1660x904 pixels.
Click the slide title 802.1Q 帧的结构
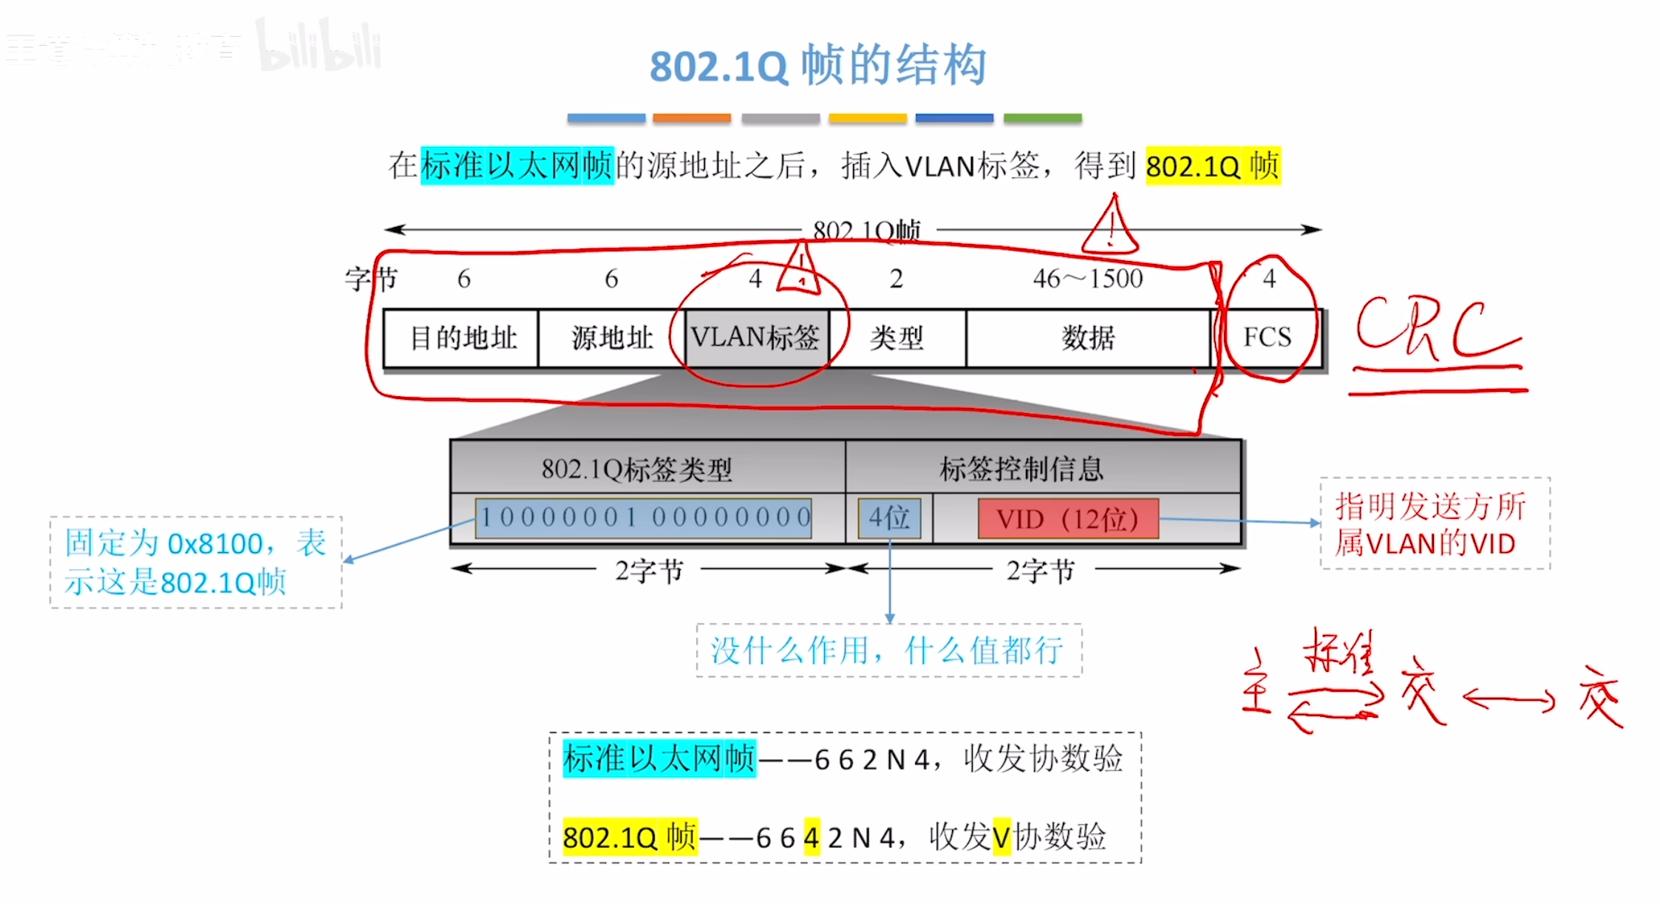[x=817, y=65]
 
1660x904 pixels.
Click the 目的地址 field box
[x=462, y=338]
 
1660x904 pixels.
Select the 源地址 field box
[x=612, y=338]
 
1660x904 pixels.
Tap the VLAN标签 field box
[x=755, y=338]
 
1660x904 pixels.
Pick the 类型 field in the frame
[x=897, y=338]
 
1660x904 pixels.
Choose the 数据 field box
[x=1088, y=338]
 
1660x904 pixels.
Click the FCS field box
[x=1267, y=337]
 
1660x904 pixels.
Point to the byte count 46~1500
[x=1088, y=279]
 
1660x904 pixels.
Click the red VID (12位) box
[x=1067, y=518]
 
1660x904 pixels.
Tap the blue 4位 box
[x=889, y=517]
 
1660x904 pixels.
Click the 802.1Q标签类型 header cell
[x=637, y=469]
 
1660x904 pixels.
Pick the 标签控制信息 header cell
[x=1021, y=469]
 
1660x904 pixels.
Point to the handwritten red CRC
[x=1434, y=329]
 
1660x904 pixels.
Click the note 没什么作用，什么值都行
[x=888, y=650]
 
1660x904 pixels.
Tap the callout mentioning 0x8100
[x=196, y=563]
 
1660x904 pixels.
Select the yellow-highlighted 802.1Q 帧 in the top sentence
[x=1212, y=166]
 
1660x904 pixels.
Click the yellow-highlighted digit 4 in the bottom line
[x=812, y=837]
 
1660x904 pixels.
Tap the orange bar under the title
[x=692, y=118]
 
